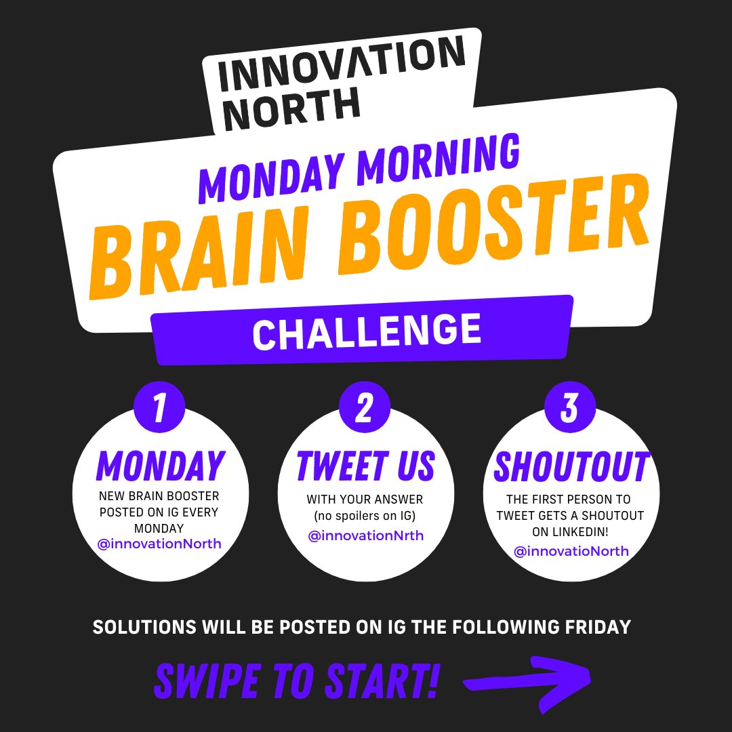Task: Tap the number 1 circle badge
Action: point(160,408)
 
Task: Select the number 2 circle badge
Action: point(365,408)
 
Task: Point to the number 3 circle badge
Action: point(571,408)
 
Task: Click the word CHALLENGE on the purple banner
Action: point(367,332)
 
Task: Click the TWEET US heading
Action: point(365,466)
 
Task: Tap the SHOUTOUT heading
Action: point(571,466)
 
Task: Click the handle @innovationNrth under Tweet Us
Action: point(365,536)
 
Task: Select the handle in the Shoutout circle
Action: point(571,551)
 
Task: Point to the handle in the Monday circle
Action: point(160,543)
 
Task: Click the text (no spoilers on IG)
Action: point(365,516)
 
